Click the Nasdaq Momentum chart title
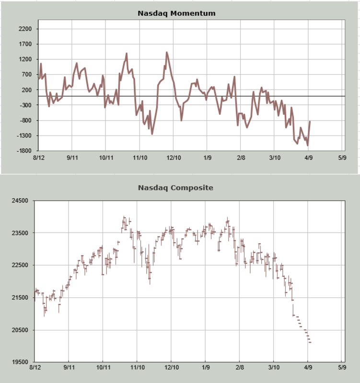tap(176, 13)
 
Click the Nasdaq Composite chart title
tap(175, 188)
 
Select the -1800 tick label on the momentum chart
tap(24, 151)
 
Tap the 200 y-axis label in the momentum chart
tap(27, 90)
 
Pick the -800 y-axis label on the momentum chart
tap(26, 121)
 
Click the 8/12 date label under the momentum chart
tap(38, 158)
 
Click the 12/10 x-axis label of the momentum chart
tap(173, 158)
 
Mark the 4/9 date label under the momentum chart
tap(308, 158)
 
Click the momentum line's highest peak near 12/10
tap(166, 52)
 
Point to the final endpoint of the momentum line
tap(310, 121)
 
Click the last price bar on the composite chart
tap(310, 342)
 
